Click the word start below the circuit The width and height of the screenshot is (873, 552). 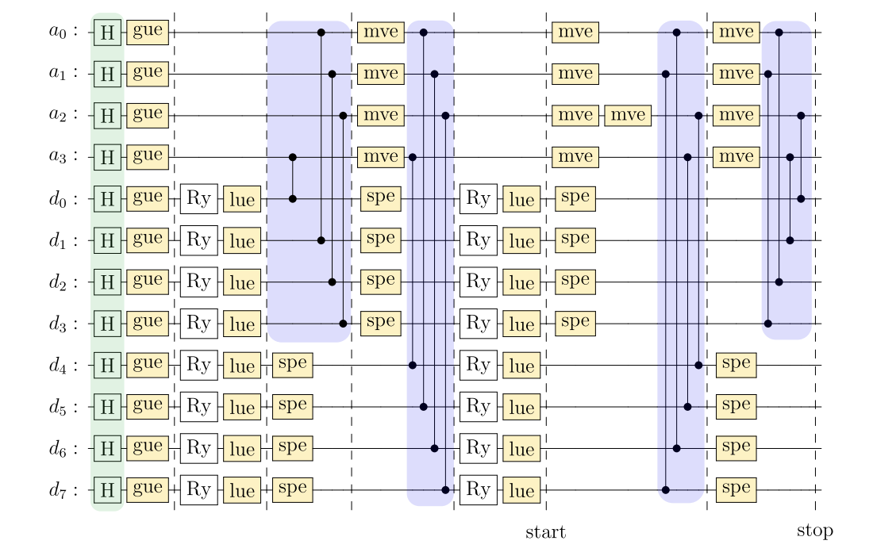[545, 531]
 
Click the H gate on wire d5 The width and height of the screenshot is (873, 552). [107, 408]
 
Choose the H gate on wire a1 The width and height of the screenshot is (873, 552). [107, 74]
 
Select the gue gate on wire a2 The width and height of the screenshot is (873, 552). [148, 115]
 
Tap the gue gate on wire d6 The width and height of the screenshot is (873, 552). [148, 449]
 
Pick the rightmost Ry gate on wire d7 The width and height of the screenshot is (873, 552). [479, 490]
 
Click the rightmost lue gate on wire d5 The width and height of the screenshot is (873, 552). [521, 408]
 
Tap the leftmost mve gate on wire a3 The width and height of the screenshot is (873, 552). [381, 157]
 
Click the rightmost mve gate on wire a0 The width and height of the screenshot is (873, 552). [734, 33]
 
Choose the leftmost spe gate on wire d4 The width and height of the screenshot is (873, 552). [293, 366]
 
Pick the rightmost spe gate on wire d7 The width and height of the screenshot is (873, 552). [736, 490]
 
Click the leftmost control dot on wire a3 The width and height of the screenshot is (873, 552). [293, 157]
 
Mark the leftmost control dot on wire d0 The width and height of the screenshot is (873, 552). [293, 198]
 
